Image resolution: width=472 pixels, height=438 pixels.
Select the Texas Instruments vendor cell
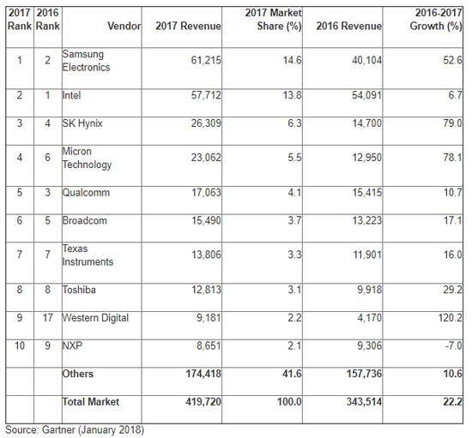(x=88, y=255)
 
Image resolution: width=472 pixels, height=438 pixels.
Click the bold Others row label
(x=78, y=374)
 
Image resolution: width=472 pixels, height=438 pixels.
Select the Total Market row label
(x=90, y=401)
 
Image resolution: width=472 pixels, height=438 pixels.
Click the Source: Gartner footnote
(x=75, y=429)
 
